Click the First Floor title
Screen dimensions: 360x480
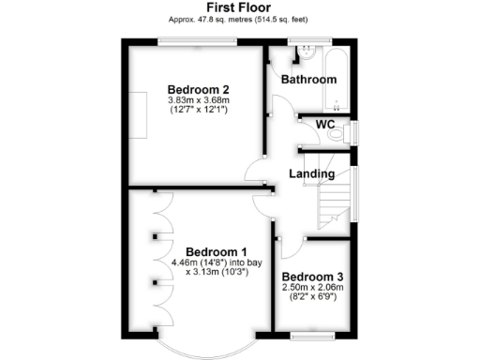click(239, 7)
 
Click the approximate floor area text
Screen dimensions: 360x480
click(239, 19)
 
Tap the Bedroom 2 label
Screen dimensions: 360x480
click(200, 90)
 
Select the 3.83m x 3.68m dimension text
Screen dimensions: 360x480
click(200, 100)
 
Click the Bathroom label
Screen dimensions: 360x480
click(308, 80)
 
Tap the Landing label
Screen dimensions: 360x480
click(311, 174)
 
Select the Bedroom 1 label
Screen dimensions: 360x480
click(216, 251)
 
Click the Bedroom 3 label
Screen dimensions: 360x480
click(312, 277)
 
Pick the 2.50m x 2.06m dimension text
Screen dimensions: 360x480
click(312, 289)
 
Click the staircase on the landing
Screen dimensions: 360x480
click(334, 203)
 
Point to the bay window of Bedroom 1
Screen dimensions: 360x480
click(216, 347)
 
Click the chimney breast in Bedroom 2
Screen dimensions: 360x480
click(137, 115)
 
